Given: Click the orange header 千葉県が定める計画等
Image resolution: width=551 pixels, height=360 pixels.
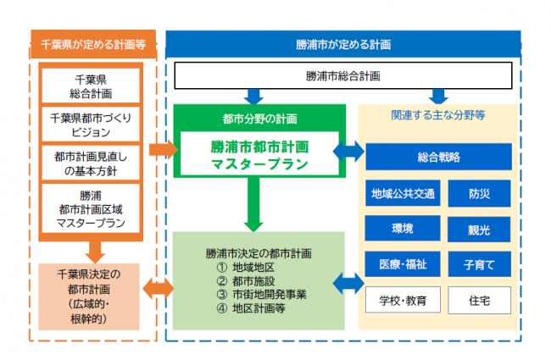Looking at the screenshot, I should [92, 42].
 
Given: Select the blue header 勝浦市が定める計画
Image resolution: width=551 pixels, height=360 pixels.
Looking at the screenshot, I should [343, 42].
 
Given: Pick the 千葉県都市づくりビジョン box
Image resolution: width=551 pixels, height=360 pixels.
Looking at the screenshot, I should [92, 125].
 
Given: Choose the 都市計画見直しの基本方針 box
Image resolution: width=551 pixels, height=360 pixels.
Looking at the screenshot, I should [92, 163].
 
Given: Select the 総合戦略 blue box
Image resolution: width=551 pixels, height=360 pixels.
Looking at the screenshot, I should [438, 158].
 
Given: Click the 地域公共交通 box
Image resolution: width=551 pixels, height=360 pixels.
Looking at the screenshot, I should [404, 194].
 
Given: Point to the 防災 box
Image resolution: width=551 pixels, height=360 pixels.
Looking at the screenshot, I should [479, 194].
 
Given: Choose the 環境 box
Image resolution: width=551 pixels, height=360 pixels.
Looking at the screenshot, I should [404, 230].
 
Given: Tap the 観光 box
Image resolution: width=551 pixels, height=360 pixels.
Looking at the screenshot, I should [479, 230].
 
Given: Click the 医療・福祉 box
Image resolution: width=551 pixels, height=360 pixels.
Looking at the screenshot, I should [404, 264].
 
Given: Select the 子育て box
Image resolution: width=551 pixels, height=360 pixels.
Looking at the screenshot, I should [479, 264].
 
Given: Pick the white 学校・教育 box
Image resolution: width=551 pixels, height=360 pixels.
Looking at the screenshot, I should [404, 300].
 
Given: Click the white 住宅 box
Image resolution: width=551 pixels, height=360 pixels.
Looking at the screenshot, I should [479, 300].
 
